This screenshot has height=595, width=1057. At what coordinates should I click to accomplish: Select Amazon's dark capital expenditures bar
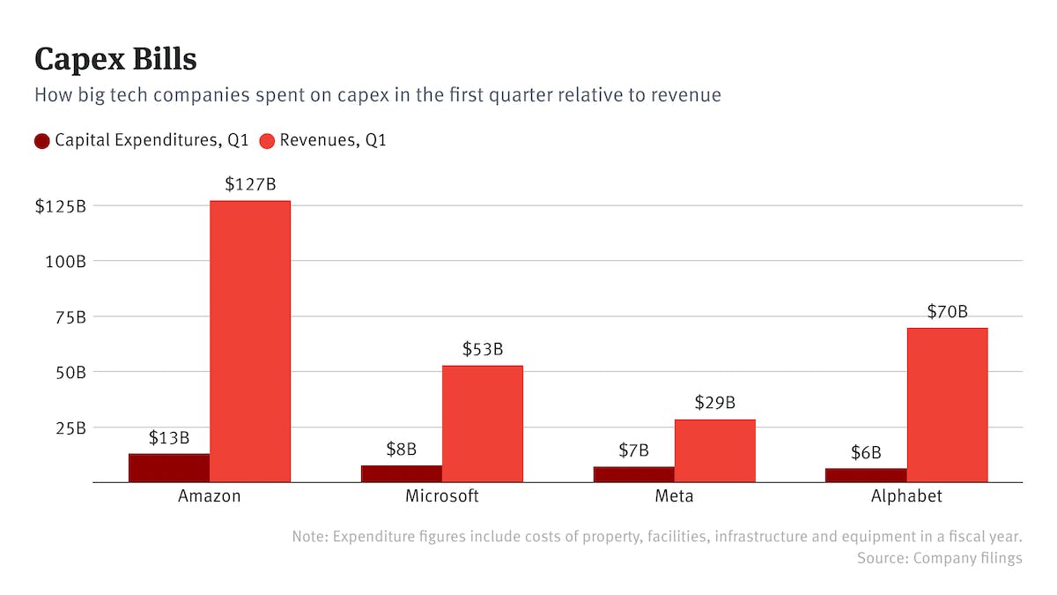169,468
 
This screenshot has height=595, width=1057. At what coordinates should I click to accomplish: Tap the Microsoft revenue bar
482,423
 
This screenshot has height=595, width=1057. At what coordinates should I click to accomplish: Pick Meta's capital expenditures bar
633,474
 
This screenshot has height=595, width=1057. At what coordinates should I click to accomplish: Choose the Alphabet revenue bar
947,405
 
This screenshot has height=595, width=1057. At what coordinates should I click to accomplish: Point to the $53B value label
483,349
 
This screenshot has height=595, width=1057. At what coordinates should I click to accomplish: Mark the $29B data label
714,403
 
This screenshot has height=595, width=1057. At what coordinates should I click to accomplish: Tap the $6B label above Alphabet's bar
866,452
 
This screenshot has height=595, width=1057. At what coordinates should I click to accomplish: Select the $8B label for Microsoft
402,449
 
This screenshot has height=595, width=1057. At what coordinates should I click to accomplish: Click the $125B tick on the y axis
60,206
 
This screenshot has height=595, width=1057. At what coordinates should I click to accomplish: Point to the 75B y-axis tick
67,316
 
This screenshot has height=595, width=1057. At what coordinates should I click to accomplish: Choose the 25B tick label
67,428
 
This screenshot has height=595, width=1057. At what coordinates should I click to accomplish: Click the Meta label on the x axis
674,496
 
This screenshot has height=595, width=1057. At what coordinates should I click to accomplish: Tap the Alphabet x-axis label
906,496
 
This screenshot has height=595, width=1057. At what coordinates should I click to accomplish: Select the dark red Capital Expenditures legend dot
42,141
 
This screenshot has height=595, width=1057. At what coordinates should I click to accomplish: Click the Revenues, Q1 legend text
333,141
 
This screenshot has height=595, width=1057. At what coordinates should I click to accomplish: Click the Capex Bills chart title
115,59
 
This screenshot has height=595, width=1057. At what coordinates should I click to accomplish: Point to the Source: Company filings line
939,558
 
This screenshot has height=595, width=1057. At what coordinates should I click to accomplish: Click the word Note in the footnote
308,536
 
